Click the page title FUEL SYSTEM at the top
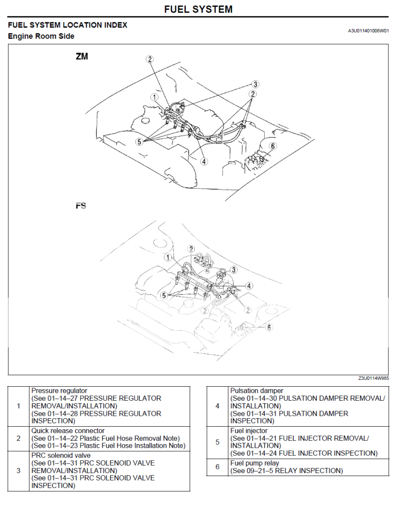pos(198,9)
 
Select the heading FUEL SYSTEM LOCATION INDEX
pos(67,25)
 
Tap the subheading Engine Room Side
pos(41,36)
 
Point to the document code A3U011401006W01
pos(368,31)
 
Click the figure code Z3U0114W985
pos(374,378)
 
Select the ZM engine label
pos(82,57)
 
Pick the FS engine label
pos(81,206)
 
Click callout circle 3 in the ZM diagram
pos(255,84)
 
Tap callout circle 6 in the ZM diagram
pos(272,146)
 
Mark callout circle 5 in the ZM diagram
pos(139,141)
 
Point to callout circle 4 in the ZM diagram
pos(204,161)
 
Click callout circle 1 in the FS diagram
pos(168,258)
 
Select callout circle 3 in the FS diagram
pos(233,270)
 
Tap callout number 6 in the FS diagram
pos(269,327)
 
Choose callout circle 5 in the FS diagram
pos(163,295)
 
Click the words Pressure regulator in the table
pos(59,391)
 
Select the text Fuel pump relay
pos(255,463)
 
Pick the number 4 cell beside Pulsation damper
pos(217,406)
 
